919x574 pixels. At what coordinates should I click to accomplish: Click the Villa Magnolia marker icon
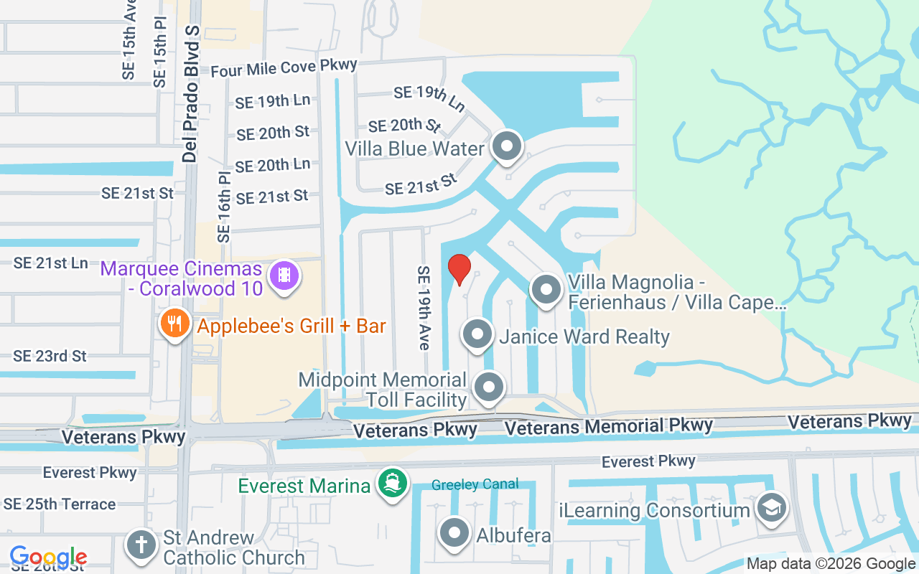click(x=546, y=290)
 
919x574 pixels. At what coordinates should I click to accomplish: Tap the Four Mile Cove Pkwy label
click(x=284, y=68)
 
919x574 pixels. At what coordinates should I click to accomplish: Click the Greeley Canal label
click(x=475, y=485)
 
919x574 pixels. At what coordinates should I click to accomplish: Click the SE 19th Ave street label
click(x=423, y=308)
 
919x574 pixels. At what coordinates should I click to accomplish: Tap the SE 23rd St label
click(x=50, y=356)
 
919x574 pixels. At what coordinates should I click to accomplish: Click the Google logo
click(x=48, y=557)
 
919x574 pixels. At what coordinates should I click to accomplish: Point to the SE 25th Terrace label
click(x=60, y=504)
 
